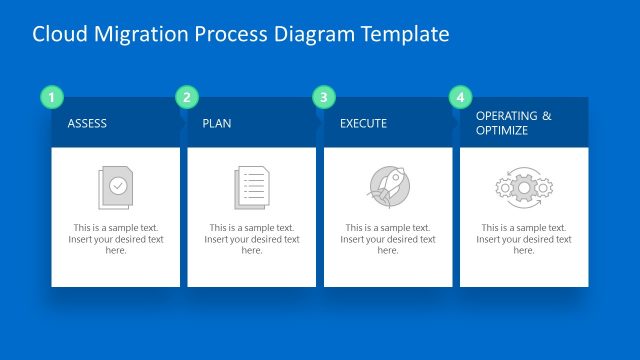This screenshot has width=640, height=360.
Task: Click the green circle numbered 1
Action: (x=51, y=97)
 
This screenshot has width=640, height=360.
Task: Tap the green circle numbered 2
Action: (x=186, y=97)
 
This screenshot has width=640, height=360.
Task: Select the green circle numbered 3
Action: (x=322, y=97)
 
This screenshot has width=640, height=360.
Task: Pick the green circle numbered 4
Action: (x=459, y=97)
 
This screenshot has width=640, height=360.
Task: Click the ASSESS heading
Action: (x=87, y=124)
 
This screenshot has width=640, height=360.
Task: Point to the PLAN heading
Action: (x=217, y=124)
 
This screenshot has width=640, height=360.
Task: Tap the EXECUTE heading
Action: (x=363, y=124)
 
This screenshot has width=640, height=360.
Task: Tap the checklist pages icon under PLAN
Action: (x=251, y=186)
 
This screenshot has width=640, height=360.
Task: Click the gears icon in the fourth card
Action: (x=524, y=186)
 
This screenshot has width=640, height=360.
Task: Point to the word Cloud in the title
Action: (x=59, y=34)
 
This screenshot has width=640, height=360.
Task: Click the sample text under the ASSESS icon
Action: (x=116, y=239)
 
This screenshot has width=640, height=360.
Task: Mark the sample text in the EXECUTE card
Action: (x=388, y=239)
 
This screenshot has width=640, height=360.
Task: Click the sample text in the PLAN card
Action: (x=252, y=239)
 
